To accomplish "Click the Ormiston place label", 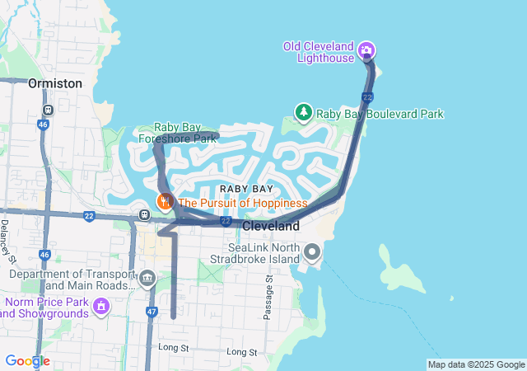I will [x=55, y=83].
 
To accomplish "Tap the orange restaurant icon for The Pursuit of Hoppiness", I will [x=165, y=201].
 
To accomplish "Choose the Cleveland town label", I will [x=271, y=225].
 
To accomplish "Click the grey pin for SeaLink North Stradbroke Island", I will [x=312, y=251].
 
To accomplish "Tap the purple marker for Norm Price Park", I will [x=101, y=307].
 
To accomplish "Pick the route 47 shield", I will [x=152, y=312].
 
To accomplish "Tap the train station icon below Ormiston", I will [x=49, y=108].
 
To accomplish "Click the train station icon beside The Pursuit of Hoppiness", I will [x=145, y=215].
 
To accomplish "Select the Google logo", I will [x=27, y=361].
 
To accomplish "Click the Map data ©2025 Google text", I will [x=476, y=364].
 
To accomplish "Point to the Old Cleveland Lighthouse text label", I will [x=318, y=46].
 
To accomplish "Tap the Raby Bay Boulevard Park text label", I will [x=380, y=114].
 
